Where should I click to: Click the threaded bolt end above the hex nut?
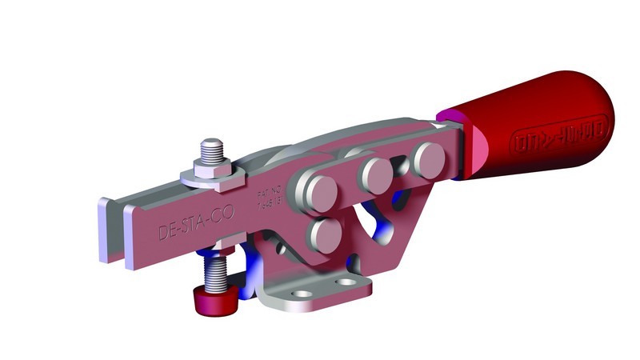click(210, 148)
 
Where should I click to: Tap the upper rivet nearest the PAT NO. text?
click(319, 191)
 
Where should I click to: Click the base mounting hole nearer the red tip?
click(302, 295)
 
